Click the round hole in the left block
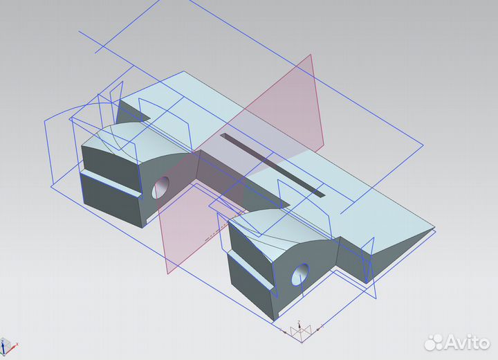click(x=160, y=186)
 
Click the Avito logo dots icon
click(x=434, y=341)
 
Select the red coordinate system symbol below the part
click(x=299, y=330)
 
